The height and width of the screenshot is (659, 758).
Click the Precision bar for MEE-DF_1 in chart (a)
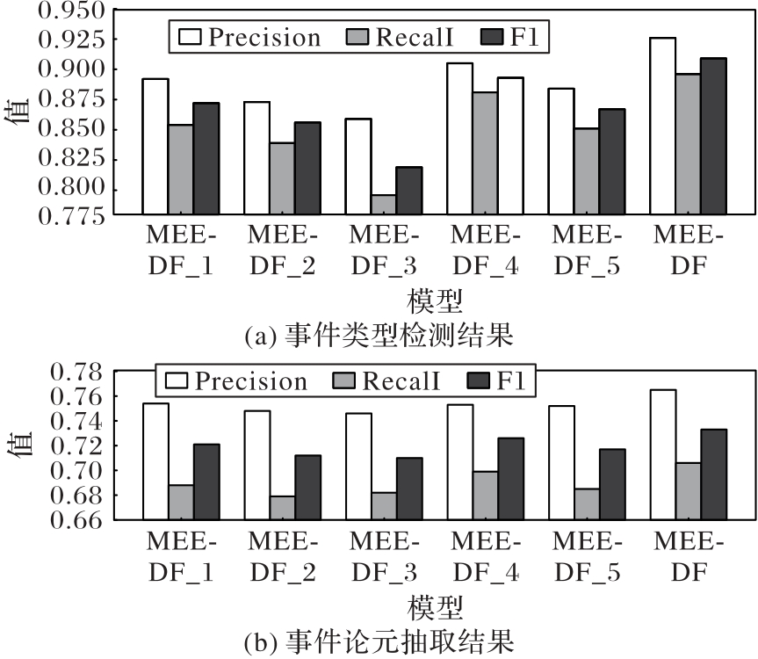[155, 146]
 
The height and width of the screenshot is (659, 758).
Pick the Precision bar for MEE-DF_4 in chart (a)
[458, 138]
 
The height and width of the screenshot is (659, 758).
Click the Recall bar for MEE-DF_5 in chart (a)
[587, 170]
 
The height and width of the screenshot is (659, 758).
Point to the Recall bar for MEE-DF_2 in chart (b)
[283, 508]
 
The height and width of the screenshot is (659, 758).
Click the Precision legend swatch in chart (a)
[191, 37]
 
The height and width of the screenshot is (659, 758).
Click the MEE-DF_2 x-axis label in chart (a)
[283, 251]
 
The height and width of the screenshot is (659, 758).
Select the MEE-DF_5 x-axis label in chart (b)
[587, 554]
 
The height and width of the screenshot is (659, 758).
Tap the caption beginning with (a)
[378, 335]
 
